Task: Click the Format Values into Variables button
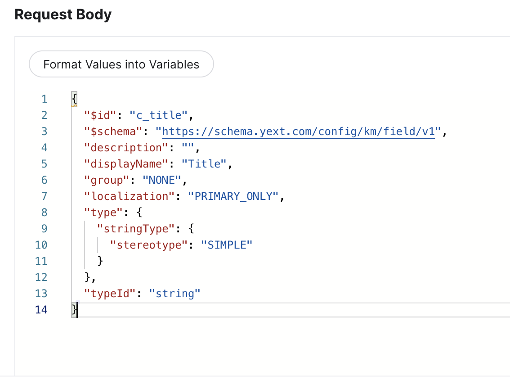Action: point(121,64)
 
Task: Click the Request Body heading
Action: point(63,15)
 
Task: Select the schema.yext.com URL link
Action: point(299,132)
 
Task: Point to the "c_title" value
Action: point(158,115)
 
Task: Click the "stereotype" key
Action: point(149,245)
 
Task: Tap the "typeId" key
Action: point(110,294)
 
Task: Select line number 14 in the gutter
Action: point(41,310)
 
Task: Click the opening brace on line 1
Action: point(74,99)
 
